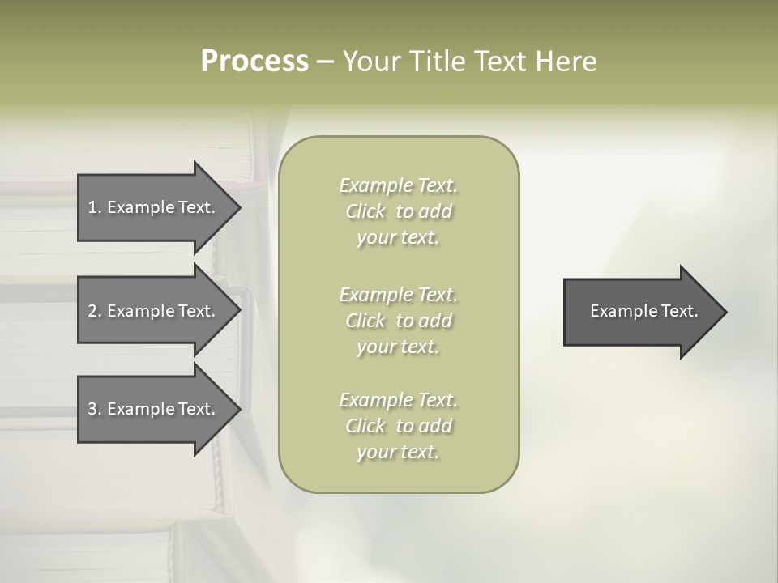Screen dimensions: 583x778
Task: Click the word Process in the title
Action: (254, 62)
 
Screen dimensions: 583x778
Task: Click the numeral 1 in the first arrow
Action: (92, 207)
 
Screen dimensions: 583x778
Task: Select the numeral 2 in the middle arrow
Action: (92, 311)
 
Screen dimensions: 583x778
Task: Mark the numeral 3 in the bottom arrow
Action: (92, 409)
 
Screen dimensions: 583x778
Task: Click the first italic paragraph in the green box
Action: (398, 211)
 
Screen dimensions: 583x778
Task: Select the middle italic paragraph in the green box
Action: (398, 321)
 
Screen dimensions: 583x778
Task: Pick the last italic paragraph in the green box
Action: (398, 426)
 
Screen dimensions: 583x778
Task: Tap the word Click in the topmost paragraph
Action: (365, 211)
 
